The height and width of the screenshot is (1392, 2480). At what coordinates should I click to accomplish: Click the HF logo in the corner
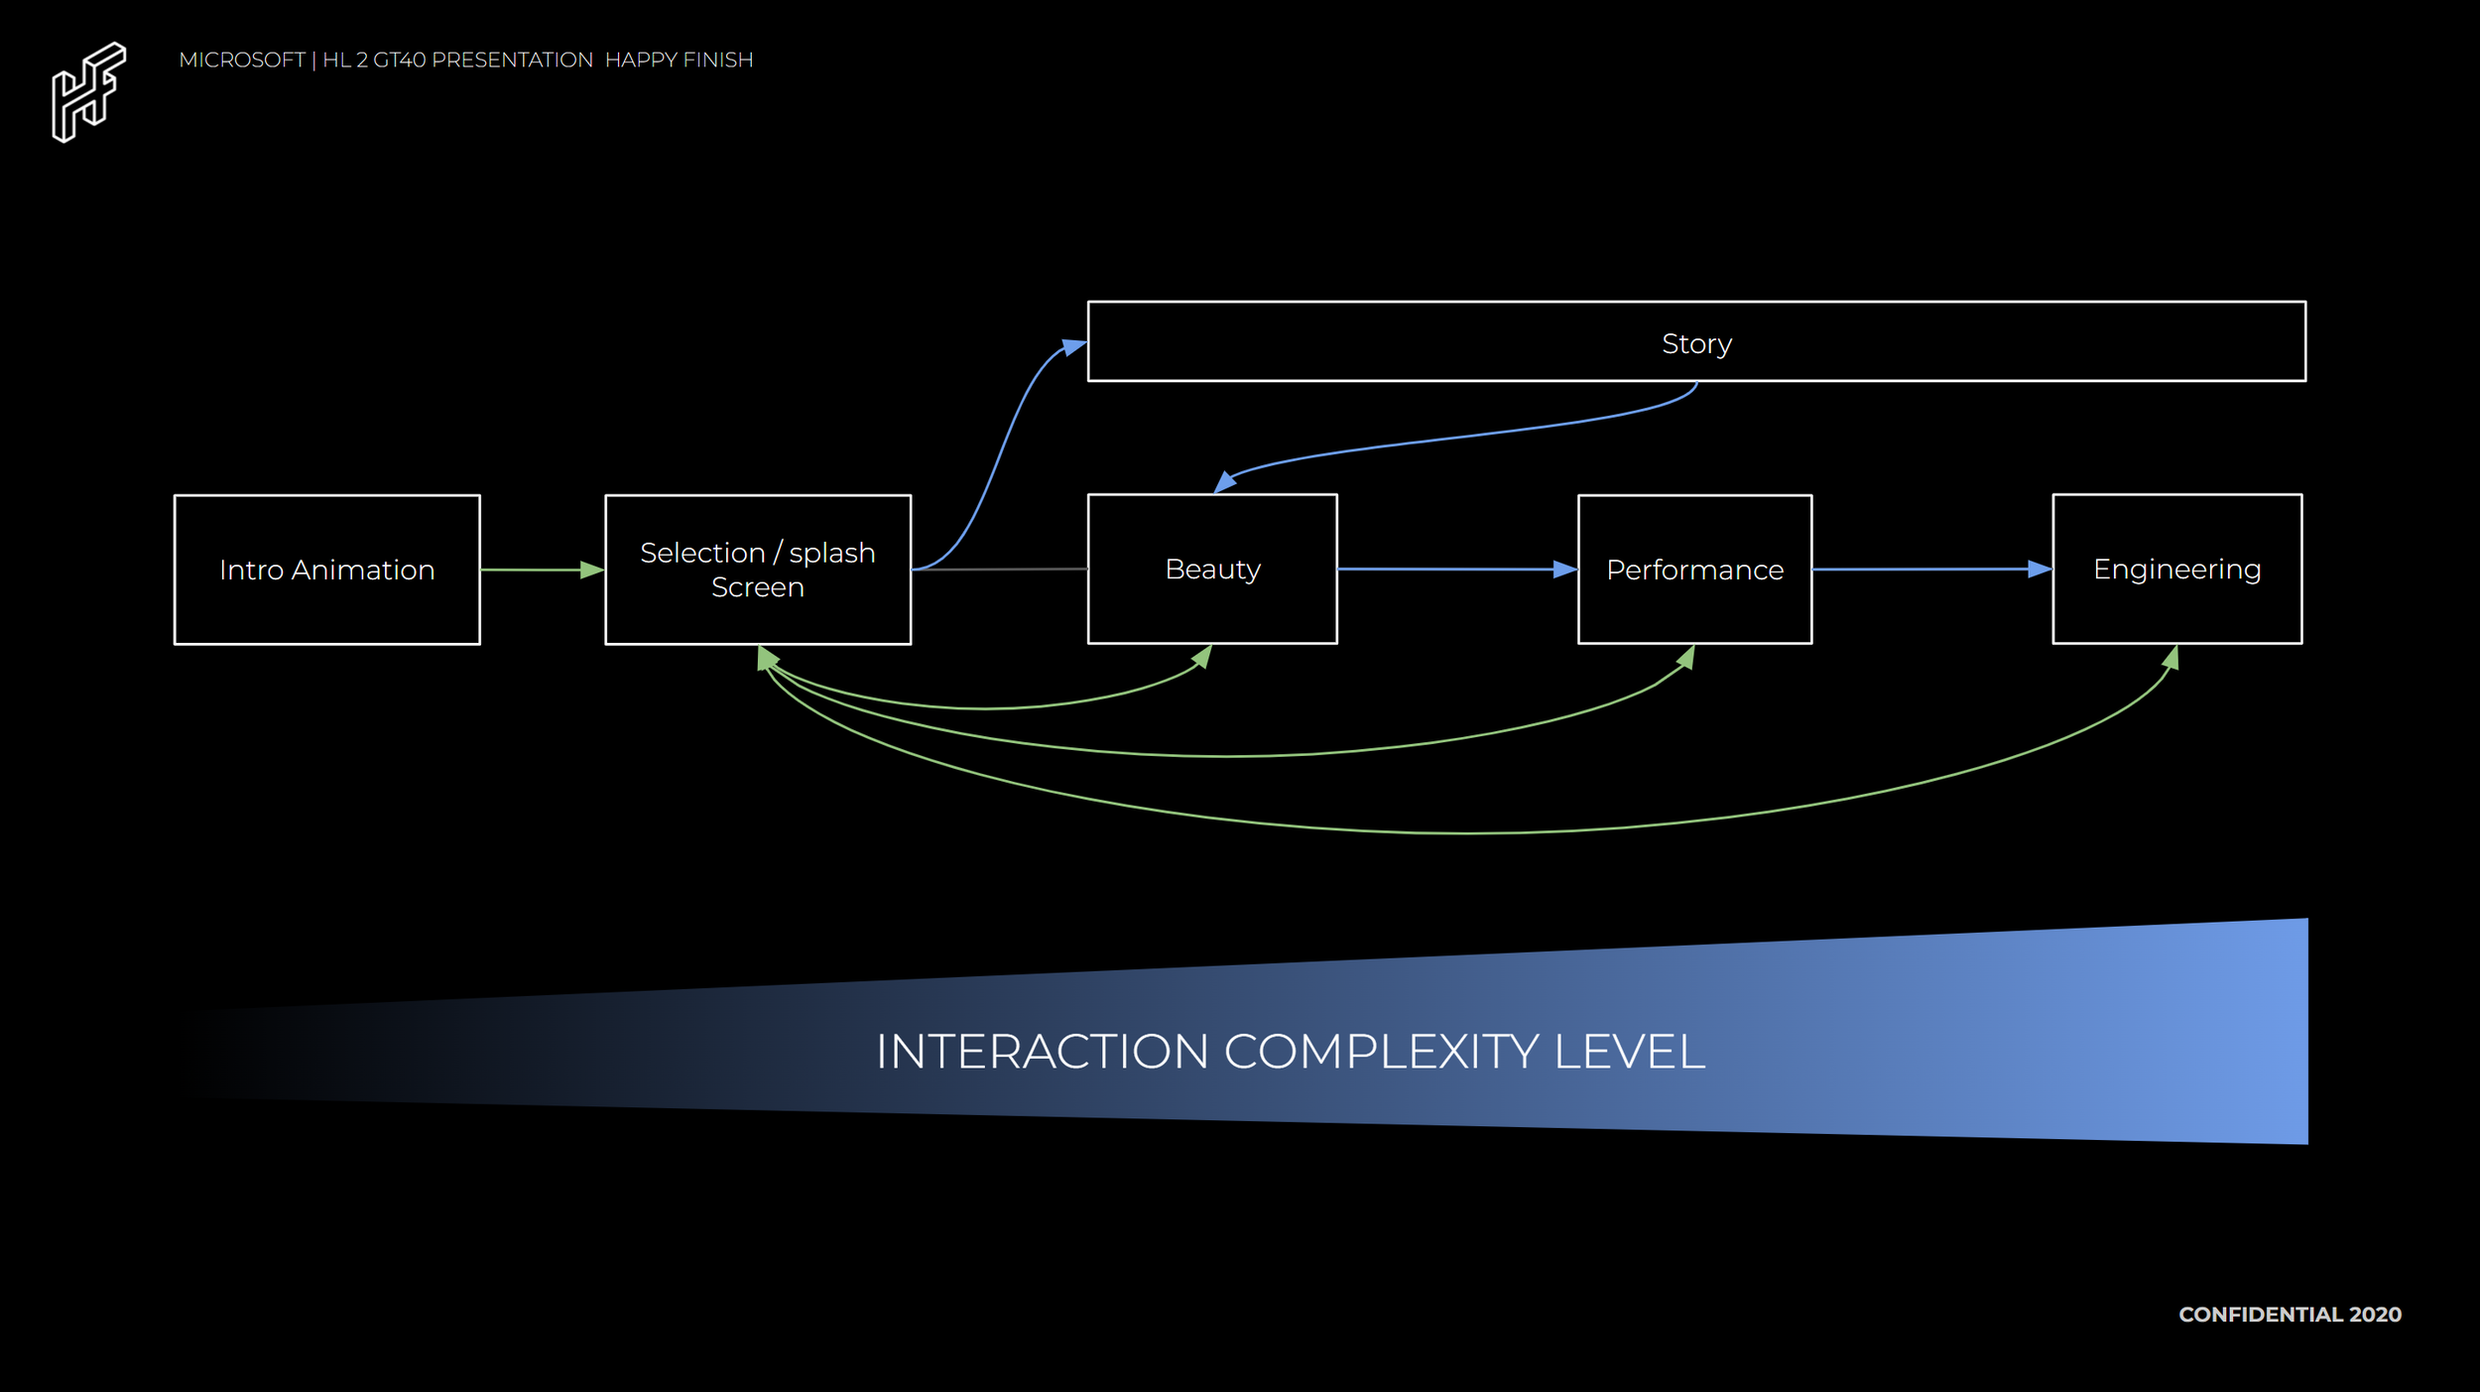pyautogui.click(x=88, y=92)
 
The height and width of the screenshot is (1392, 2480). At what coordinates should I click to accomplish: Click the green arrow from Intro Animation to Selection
pyautogui.click(x=543, y=569)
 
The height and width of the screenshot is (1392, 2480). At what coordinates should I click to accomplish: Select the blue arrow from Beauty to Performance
pyautogui.click(x=1457, y=569)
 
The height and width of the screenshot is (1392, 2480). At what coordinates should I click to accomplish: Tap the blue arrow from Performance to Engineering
pyautogui.click(x=1932, y=569)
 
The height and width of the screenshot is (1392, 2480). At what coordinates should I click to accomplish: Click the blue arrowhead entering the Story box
pyautogui.click(x=1074, y=347)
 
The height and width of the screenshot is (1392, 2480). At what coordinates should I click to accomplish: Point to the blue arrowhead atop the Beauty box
pyautogui.click(x=1225, y=482)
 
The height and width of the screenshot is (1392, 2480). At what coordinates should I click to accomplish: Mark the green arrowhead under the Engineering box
pyautogui.click(x=2170, y=658)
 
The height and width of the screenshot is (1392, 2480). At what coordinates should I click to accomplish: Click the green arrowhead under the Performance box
pyautogui.click(x=1685, y=657)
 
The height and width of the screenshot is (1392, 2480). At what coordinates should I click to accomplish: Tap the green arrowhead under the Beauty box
pyautogui.click(x=1202, y=657)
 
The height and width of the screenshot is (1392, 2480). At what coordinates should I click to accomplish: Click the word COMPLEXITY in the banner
pyautogui.click(x=1381, y=1052)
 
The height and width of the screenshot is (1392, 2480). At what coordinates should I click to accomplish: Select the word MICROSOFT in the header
pyautogui.click(x=242, y=61)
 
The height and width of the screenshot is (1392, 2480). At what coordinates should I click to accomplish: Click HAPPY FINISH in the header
pyautogui.click(x=679, y=61)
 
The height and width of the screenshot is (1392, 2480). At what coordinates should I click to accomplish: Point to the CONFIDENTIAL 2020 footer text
pyautogui.click(x=2290, y=1315)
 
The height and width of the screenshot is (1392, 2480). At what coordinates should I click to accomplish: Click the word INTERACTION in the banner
pyautogui.click(x=1042, y=1052)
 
